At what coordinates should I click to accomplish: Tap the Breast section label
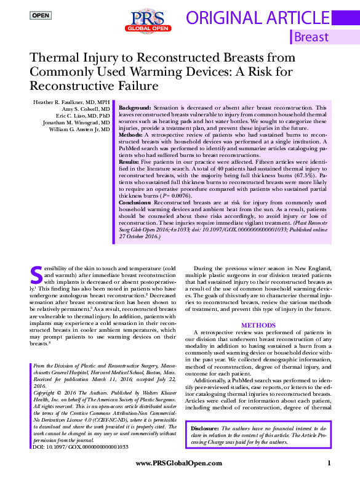pyautogui.click(x=311, y=37)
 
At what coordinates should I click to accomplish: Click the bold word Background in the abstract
pyautogui.click(x=135, y=107)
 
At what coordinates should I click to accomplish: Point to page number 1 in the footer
pyautogui.click(x=329, y=463)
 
